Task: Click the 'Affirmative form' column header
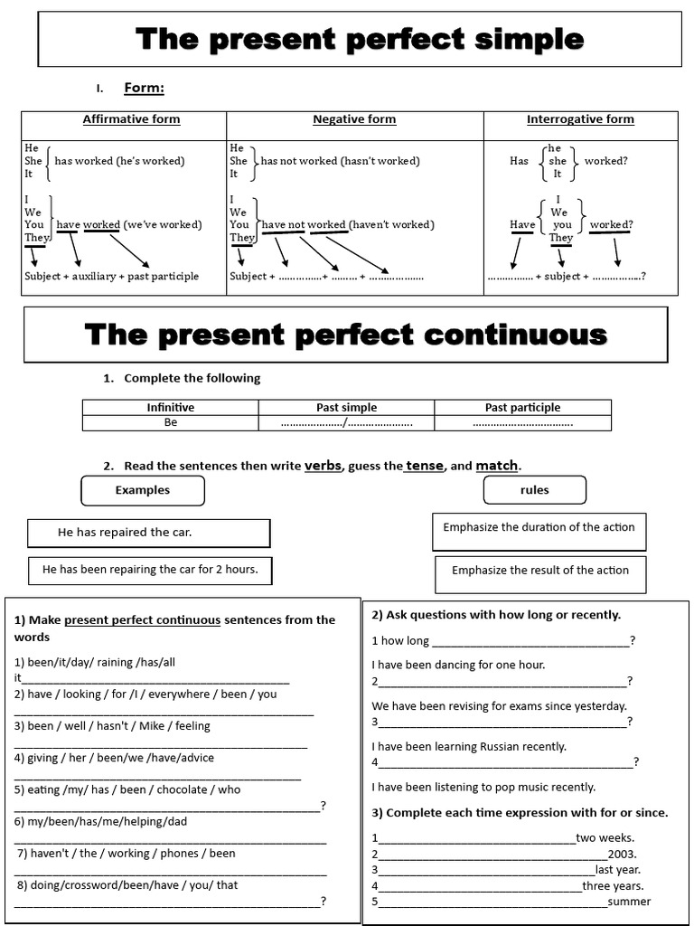pyautogui.click(x=131, y=119)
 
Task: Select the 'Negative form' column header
pyautogui.click(x=354, y=119)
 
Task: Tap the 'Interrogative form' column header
pyautogui.click(x=580, y=119)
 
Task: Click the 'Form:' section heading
pyautogui.click(x=144, y=88)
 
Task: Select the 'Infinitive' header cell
pyautogui.click(x=171, y=408)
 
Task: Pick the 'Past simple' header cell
pyautogui.click(x=346, y=408)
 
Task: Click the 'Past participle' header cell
pyautogui.click(x=522, y=408)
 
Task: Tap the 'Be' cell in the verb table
pyautogui.click(x=171, y=422)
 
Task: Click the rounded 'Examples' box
pyautogui.click(x=143, y=490)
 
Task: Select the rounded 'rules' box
pyautogui.click(x=535, y=490)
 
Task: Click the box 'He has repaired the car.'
pyautogui.click(x=149, y=533)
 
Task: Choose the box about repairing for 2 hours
pyautogui.click(x=150, y=570)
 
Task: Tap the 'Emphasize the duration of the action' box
pyautogui.click(x=539, y=528)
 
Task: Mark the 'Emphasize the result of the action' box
pyautogui.click(x=540, y=571)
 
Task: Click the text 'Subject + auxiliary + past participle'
pyautogui.click(x=112, y=277)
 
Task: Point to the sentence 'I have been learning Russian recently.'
pyautogui.click(x=469, y=747)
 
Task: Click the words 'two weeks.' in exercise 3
pyautogui.click(x=605, y=837)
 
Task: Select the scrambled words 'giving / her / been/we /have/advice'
pyautogui.click(x=115, y=758)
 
